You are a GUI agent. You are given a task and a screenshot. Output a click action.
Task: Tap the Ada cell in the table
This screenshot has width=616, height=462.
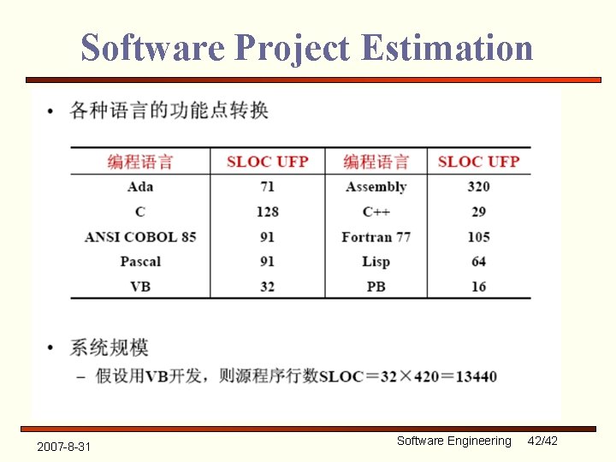tap(139, 187)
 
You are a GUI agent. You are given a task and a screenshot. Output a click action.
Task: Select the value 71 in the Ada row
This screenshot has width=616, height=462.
tap(267, 187)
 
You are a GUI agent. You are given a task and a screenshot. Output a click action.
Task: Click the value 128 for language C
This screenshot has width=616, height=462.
tap(267, 211)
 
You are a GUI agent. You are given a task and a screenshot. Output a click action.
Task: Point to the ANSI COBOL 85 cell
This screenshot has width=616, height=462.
tap(140, 236)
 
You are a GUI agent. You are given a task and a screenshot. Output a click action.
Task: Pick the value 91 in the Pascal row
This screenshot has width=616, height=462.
tap(267, 261)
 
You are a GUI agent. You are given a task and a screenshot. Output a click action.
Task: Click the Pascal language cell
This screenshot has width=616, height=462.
tap(140, 261)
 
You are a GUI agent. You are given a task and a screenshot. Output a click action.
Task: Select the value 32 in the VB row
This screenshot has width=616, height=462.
tap(267, 286)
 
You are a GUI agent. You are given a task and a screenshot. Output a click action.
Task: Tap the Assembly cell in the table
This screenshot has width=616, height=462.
tap(376, 187)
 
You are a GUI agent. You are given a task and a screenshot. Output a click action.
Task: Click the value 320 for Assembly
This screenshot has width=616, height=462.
tap(478, 187)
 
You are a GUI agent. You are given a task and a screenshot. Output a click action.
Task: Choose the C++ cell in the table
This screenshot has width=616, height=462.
tap(376, 211)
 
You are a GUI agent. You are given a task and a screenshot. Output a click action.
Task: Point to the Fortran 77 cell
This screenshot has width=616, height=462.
tap(376, 236)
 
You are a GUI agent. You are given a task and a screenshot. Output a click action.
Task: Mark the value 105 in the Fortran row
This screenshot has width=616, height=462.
tap(478, 236)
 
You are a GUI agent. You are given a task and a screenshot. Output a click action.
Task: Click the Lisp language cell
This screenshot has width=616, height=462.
tap(376, 261)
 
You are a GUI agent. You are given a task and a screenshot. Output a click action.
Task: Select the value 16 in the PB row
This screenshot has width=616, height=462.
tap(478, 286)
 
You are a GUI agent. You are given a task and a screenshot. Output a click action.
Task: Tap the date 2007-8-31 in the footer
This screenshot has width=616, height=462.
tap(65, 447)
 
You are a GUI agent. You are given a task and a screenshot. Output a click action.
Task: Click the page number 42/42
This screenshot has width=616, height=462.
tap(542, 441)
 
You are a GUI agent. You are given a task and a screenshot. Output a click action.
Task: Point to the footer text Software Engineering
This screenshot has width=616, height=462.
tap(453, 441)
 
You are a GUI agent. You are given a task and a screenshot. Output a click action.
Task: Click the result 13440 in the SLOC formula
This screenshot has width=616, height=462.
tap(475, 376)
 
